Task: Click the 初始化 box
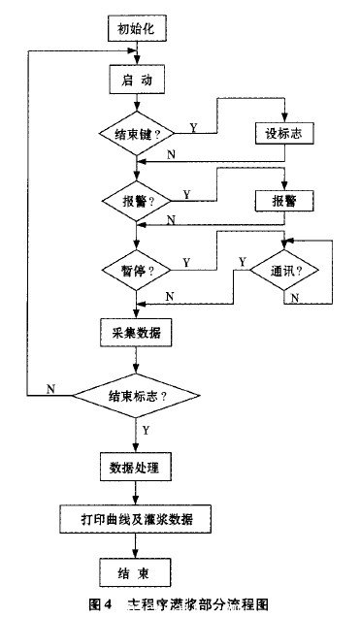pos(136,29)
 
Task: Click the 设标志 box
pos(284,134)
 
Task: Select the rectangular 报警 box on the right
pos(284,200)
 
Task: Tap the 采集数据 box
pos(136,333)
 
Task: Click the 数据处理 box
pos(136,468)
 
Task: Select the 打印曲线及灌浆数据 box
pos(136,518)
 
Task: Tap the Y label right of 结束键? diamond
pos(193,126)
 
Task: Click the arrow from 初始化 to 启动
pos(136,53)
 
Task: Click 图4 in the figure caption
pos(100,603)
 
